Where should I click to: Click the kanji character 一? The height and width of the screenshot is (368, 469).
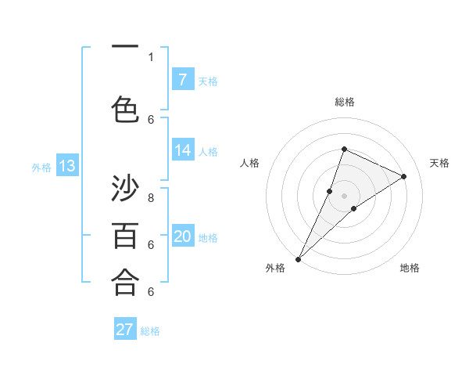(x=124, y=48)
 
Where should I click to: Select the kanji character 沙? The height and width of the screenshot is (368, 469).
(x=124, y=189)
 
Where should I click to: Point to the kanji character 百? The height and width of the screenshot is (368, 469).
(x=124, y=236)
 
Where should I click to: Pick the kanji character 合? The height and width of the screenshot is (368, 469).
(x=124, y=283)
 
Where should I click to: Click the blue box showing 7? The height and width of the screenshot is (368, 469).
(x=182, y=79)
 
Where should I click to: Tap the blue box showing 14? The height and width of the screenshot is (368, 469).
(x=182, y=150)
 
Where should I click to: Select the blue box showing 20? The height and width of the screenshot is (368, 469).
(x=182, y=236)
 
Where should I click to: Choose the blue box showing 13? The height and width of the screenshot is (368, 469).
(x=66, y=166)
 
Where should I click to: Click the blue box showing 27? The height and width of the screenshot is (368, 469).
(x=125, y=330)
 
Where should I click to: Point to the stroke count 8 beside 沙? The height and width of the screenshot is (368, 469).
(x=151, y=198)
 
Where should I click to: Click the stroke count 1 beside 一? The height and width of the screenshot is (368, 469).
(x=151, y=56)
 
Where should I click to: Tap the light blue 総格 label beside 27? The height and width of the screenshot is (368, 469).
(x=150, y=331)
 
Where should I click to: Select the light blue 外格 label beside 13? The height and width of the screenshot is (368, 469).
(x=41, y=167)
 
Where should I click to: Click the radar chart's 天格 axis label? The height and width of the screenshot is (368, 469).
(x=439, y=163)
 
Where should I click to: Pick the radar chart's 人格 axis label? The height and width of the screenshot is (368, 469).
(x=249, y=163)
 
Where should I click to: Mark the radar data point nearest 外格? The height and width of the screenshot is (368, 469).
(x=298, y=258)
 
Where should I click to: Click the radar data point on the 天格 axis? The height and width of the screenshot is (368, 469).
(x=404, y=176)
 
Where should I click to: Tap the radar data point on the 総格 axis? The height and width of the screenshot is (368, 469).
(x=344, y=149)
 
